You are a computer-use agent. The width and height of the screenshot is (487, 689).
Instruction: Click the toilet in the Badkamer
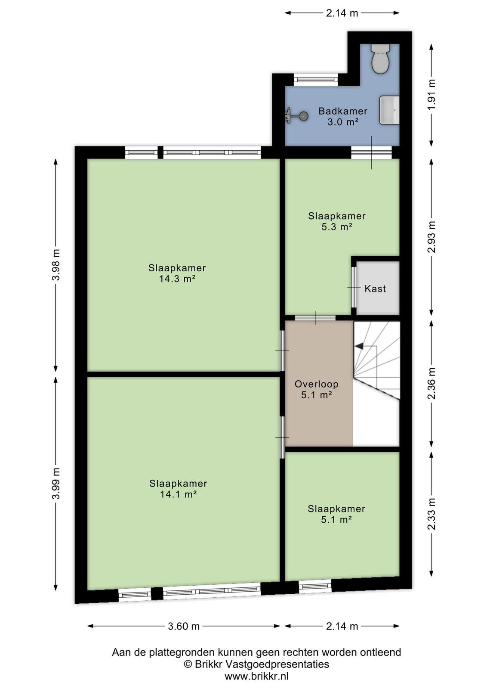point(380,59)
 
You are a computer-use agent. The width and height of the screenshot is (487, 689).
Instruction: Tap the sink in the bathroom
point(389,110)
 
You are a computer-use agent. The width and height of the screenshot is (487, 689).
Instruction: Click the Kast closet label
point(375,289)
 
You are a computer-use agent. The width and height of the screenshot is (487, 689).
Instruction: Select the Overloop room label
point(317,384)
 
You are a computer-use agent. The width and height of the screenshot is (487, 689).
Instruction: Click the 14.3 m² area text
point(178,279)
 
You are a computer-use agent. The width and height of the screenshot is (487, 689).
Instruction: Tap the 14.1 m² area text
point(178,494)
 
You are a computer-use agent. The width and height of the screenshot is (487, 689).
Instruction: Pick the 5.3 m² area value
point(337,227)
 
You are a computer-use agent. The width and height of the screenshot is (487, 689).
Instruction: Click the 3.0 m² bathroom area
point(343,122)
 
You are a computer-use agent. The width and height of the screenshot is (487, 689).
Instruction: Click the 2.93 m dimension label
point(432,237)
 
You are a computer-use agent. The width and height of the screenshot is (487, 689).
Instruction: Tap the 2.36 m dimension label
point(432,384)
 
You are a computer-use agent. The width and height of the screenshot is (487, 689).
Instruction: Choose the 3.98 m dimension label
point(56,265)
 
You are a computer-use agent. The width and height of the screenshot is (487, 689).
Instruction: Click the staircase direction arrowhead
point(359,346)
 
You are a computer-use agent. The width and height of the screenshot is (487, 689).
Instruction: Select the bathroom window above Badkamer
point(316,80)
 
